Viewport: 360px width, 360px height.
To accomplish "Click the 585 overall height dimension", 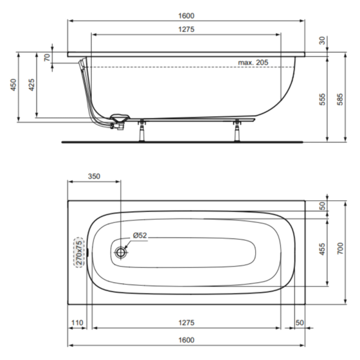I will (x=340, y=99).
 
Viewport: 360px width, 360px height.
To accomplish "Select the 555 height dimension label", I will (x=322, y=99).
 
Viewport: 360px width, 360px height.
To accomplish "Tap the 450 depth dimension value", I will (x=13, y=85).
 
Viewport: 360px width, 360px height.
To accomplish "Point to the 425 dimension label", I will (x=31, y=85).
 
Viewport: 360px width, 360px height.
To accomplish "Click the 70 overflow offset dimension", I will (x=47, y=57).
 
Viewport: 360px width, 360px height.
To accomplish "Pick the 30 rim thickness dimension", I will (x=322, y=41).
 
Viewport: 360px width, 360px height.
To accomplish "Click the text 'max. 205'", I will (x=253, y=63).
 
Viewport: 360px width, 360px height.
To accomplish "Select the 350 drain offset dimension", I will (x=94, y=176).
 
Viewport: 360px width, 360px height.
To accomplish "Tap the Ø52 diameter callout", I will (x=140, y=236).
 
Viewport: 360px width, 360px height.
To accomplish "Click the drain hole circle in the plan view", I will (x=121, y=252).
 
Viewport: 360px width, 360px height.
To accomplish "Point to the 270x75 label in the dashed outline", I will (x=79, y=253).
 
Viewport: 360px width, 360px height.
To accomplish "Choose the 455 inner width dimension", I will (x=322, y=249).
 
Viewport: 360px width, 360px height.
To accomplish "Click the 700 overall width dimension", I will (x=340, y=248).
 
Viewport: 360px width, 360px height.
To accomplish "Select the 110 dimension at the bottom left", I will (x=77, y=323).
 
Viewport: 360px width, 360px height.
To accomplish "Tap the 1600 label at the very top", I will (x=186, y=16).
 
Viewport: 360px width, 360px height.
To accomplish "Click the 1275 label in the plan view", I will (x=186, y=323).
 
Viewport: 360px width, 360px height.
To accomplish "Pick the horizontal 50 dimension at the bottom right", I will (x=299, y=323).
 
